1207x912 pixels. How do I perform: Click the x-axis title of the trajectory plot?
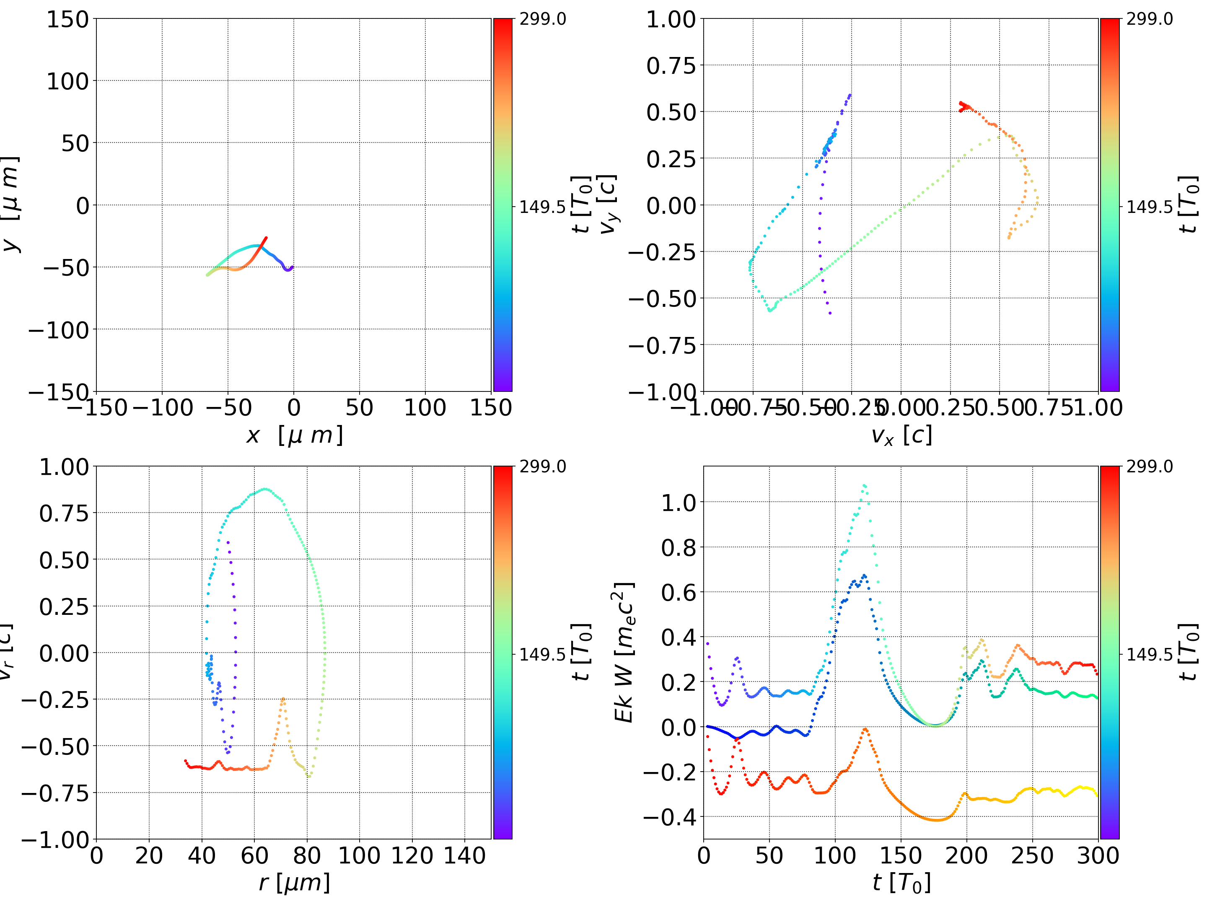294,435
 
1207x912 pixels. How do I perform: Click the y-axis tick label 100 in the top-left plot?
67,81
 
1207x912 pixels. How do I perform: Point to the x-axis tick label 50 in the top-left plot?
359,408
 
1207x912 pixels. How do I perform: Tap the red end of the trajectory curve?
266,238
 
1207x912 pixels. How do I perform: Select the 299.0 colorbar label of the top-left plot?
542,19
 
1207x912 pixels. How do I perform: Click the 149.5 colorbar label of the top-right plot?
1149,207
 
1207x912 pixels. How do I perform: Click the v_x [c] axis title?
901,435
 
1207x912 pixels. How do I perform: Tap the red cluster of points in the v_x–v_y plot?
963,106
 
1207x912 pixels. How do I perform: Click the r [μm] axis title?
294,883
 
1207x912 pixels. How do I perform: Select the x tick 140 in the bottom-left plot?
464,855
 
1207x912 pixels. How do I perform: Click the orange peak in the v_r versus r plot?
282,698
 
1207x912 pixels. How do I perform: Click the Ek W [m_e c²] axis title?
624,652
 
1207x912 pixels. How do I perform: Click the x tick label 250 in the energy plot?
1032,855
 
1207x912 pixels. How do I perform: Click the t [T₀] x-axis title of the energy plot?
901,883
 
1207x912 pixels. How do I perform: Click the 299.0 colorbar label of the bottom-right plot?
1149,466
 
